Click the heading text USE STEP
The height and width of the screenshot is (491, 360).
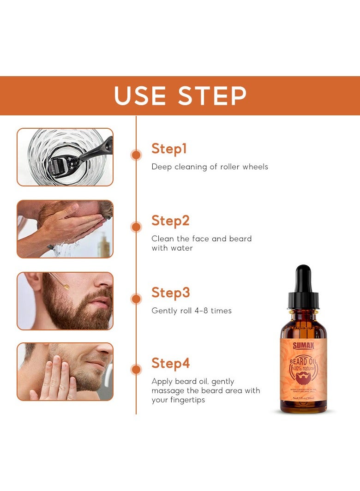click(x=180, y=96)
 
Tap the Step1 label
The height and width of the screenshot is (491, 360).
click(x=169, y=149)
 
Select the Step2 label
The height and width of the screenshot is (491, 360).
click(x=170, y=221)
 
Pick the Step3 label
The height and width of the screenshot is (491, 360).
click(x=170, y=293)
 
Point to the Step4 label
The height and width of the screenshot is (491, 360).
click(x=170, y=364)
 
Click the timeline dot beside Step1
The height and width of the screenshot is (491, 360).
click(x=136, y=155)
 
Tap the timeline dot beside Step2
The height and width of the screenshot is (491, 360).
click(x=136, y=227)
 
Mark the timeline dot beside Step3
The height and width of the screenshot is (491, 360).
click(x=136, y=299)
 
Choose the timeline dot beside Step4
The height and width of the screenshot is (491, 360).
click(x=136, y=370)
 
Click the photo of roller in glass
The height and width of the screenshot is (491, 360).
click(x=65, y=157)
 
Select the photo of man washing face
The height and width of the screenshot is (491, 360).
click(x=65, y=229)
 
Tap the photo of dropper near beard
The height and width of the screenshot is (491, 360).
click(x=65, y=301)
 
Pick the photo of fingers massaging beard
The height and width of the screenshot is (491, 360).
click(x=65, y=371)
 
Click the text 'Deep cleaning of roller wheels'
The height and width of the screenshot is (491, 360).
click(x=210, y=167)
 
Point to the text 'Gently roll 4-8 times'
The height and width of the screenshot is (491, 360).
click(x=192, y=311)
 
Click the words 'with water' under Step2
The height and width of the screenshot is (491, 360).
click(x=172, y=248)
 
